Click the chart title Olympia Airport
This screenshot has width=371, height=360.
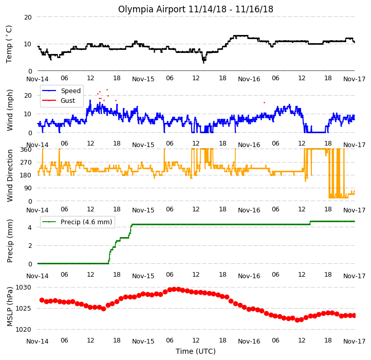pyautogui.click(x=152, y=9)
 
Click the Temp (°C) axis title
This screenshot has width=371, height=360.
pyautogui.click(x=9, y=44)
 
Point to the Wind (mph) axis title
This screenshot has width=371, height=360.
pyautogui.click(x=10, y=110)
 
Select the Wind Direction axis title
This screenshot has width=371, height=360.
pyautogui.click(x=10, y=175)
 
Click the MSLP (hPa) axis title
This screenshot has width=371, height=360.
pyautogui.click(x=10, y=307)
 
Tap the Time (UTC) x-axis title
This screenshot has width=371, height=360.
pyautogui.click(x=196, y=351)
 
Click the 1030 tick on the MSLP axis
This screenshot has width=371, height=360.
pyautogui.click(x=23, y=287)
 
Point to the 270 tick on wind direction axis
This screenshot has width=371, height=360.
pyautogui.click(x=26, y=163)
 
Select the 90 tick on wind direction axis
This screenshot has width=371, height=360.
pyautogui.click(x=28, y=188)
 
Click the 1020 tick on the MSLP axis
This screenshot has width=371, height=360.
pyautogui.click(x=23, y=330)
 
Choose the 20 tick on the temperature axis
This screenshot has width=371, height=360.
pyautogui.click(x=28, y=17)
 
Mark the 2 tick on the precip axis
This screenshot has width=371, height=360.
pyautogui.click(x=30, y=246)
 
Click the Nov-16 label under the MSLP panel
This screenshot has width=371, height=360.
pyautogui.click(x=249, y=341)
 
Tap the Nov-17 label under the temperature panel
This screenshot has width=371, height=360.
pyautogui.click(x=355, y=79)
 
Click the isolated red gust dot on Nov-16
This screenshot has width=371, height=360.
pyautogui.click(x=264, y=102)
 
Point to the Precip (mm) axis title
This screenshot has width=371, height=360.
pyautogui.click(x=10, y=241)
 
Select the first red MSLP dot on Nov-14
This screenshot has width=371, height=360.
pyautogui.click(x=42, y=300)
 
